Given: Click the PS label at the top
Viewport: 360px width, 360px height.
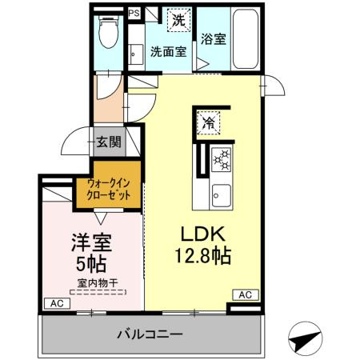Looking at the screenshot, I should (x=133, y=14).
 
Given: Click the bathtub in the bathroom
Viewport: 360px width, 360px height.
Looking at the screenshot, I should (x=245, y=40).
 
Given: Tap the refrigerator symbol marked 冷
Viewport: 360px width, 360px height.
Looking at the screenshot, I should (x=207, y=122).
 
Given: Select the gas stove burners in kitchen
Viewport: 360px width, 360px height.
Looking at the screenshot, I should (x=221, y=160).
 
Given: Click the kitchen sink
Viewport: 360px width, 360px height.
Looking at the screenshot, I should (x=221, y=194).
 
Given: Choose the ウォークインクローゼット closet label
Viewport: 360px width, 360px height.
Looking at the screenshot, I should (x=109, y=190).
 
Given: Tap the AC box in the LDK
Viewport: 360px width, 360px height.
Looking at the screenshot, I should (x=245, y=294).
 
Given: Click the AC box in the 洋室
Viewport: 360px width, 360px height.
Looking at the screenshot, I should (x=55, y=303).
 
